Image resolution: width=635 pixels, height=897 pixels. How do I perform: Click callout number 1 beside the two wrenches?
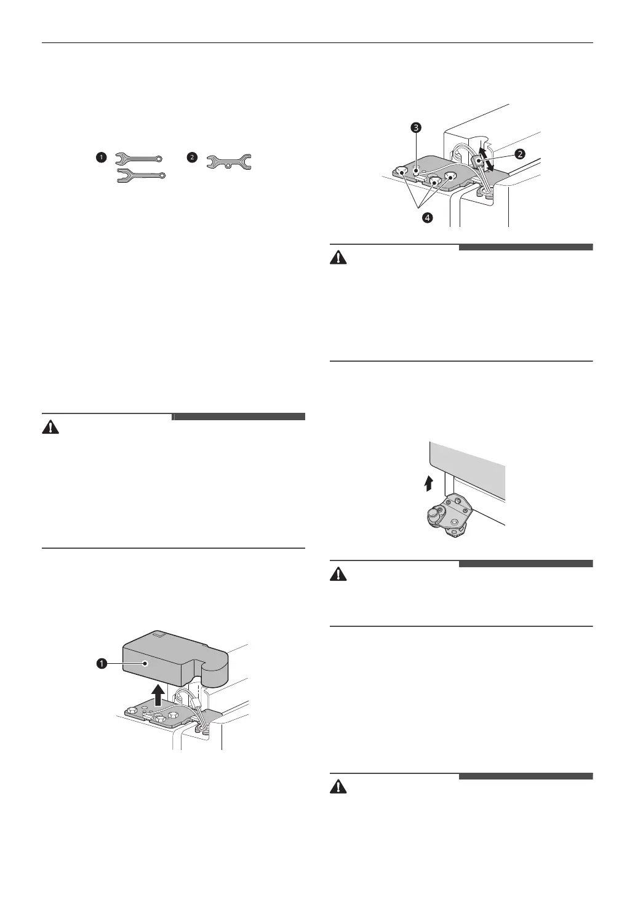tap(102, 157)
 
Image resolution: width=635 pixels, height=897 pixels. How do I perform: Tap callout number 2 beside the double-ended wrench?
tap(192, 157)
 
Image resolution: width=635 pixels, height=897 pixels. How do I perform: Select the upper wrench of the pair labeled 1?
tap(138, 159)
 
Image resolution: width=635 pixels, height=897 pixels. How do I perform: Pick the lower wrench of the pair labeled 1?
tap(141, 175)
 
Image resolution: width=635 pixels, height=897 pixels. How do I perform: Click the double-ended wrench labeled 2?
tap(229, 162)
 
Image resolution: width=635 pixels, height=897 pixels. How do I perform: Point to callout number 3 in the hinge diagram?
tap(417, 128)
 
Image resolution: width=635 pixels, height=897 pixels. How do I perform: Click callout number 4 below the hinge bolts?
tap(428, 218)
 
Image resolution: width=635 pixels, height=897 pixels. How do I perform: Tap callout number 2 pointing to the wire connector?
tap(520, 154)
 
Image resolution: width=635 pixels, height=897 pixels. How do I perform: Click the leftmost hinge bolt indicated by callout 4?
tap(401, 172)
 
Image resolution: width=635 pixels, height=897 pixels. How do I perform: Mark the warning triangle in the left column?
tap(50, 428)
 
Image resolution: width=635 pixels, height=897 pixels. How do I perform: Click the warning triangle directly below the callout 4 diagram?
tap(338, 258)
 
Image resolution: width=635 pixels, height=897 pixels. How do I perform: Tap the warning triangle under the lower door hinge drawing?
tap(338, 574)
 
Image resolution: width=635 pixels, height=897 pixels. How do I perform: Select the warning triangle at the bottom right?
tap(338, 787)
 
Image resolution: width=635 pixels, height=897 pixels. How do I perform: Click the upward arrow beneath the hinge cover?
tap(159, 694)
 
